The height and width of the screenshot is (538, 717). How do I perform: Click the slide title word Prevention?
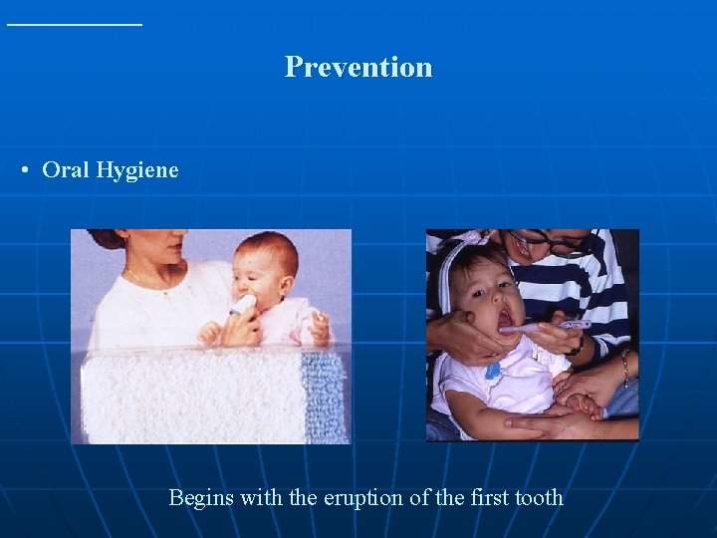[358, 67]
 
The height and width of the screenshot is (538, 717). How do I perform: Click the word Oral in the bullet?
[66, 169]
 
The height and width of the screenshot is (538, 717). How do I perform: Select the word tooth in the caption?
[537, 497]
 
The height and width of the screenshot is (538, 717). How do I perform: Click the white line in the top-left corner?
[75, 23]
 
